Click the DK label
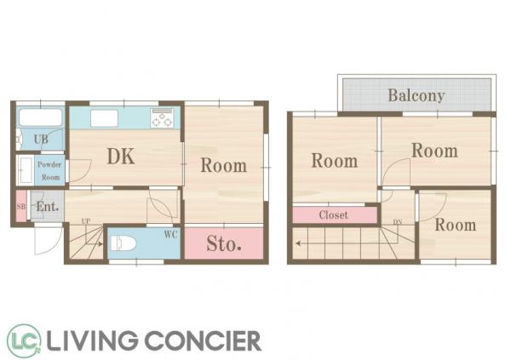pyautogui.click(x=121, y=157)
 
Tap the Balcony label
pyautogui.click(x=416, y=95)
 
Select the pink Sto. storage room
pyautogui.click(x=224, y=243)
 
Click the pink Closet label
pyautogui.click(x=333, y=215)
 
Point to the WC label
pyautogui.click(x=171, y=235)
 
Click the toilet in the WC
pyautogui.click(x=123, y=243)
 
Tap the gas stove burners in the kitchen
pyautogui.click(x=162, y=118)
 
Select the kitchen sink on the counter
pyautogui.click(x=104, y=118)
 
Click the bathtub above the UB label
pyautogui.click(x=40, y=117)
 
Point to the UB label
pyautogui.click(x=41, y=140)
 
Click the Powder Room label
pyautogui.click(x=49, y=171)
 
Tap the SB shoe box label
pyautogui.click(x=20, y=207)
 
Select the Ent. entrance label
pyautogui.click(x=48, y=206)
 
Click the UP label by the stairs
pyautogui.click(x=86, y=221)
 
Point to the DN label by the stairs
pyautogui.click(x=398, y=222)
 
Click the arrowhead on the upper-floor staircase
pyautogui.click(x=298, y=243)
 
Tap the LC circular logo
pyautogui.click(x=24, y=340)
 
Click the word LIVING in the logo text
pyautogui.click(x=92, y=340)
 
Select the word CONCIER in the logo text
pyautogui.click(x=203, y=340)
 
